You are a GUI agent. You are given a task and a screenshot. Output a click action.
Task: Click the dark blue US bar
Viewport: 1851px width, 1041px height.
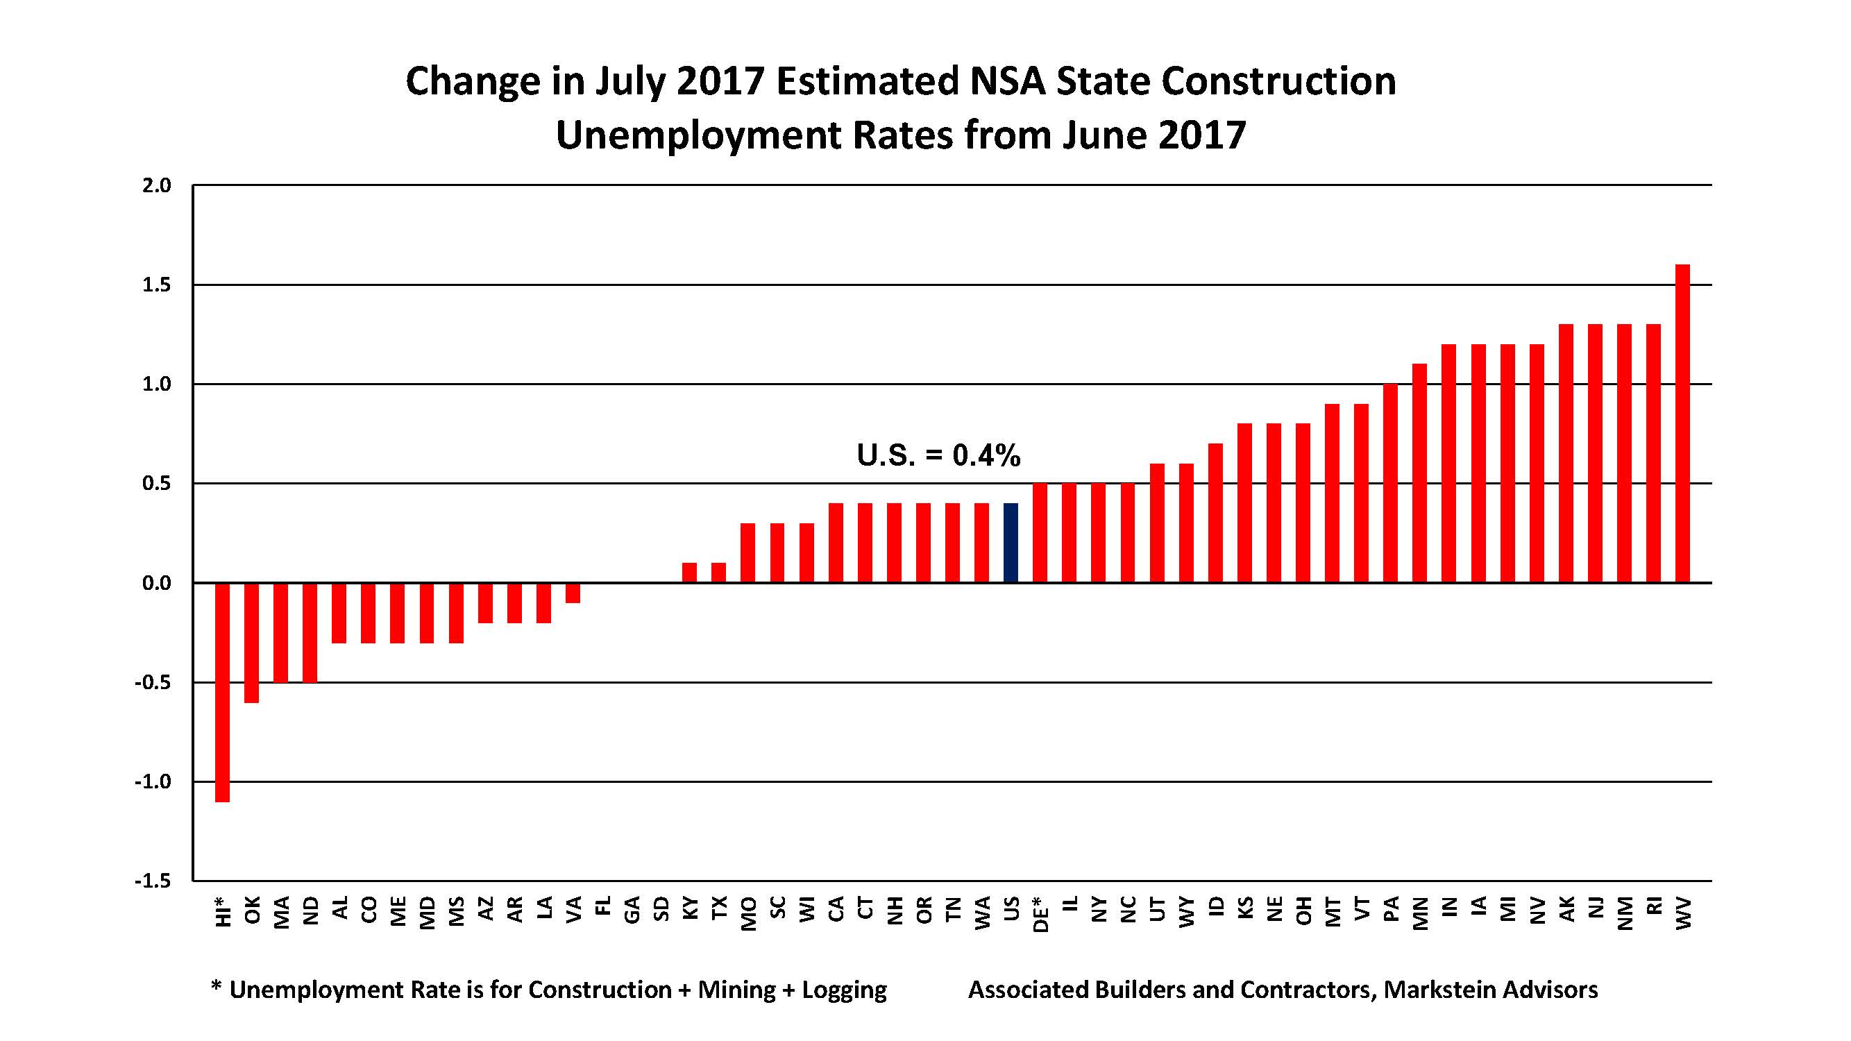click(1011, 543)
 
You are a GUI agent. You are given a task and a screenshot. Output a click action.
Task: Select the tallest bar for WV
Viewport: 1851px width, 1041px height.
click(1682, 424)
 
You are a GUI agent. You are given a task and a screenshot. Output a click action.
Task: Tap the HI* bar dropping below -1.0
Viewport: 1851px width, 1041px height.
click(222, 692)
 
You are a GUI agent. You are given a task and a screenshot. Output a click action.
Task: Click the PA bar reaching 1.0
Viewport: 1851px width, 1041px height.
click(1390, 483)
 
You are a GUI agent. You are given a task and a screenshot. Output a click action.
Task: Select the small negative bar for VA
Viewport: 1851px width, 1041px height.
click(573, 593)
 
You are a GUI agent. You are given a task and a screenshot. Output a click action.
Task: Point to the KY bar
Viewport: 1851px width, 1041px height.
click(689, 573)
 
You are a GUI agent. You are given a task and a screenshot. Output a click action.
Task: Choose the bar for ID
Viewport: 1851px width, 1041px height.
click(1215, 513)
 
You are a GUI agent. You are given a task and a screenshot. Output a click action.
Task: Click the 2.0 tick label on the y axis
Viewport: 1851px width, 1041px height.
click(157, 185)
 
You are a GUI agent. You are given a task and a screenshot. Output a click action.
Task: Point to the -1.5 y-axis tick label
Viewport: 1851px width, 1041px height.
click(153, 881)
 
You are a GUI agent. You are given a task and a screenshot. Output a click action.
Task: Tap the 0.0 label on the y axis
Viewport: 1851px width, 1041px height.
click(157, 584)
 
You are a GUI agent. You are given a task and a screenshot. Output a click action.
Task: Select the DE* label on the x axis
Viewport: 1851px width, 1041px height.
click(1040, 913)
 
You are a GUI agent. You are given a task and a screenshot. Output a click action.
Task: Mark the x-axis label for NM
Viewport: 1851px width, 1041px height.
click(1625, 913)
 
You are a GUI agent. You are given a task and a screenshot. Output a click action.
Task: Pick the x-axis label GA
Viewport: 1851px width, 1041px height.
click(632, 909)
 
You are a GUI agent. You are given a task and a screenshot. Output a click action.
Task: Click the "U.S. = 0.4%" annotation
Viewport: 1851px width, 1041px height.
click(938, 455)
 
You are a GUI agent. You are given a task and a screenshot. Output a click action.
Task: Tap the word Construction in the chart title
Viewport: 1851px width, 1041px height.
click(1278, 81)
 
